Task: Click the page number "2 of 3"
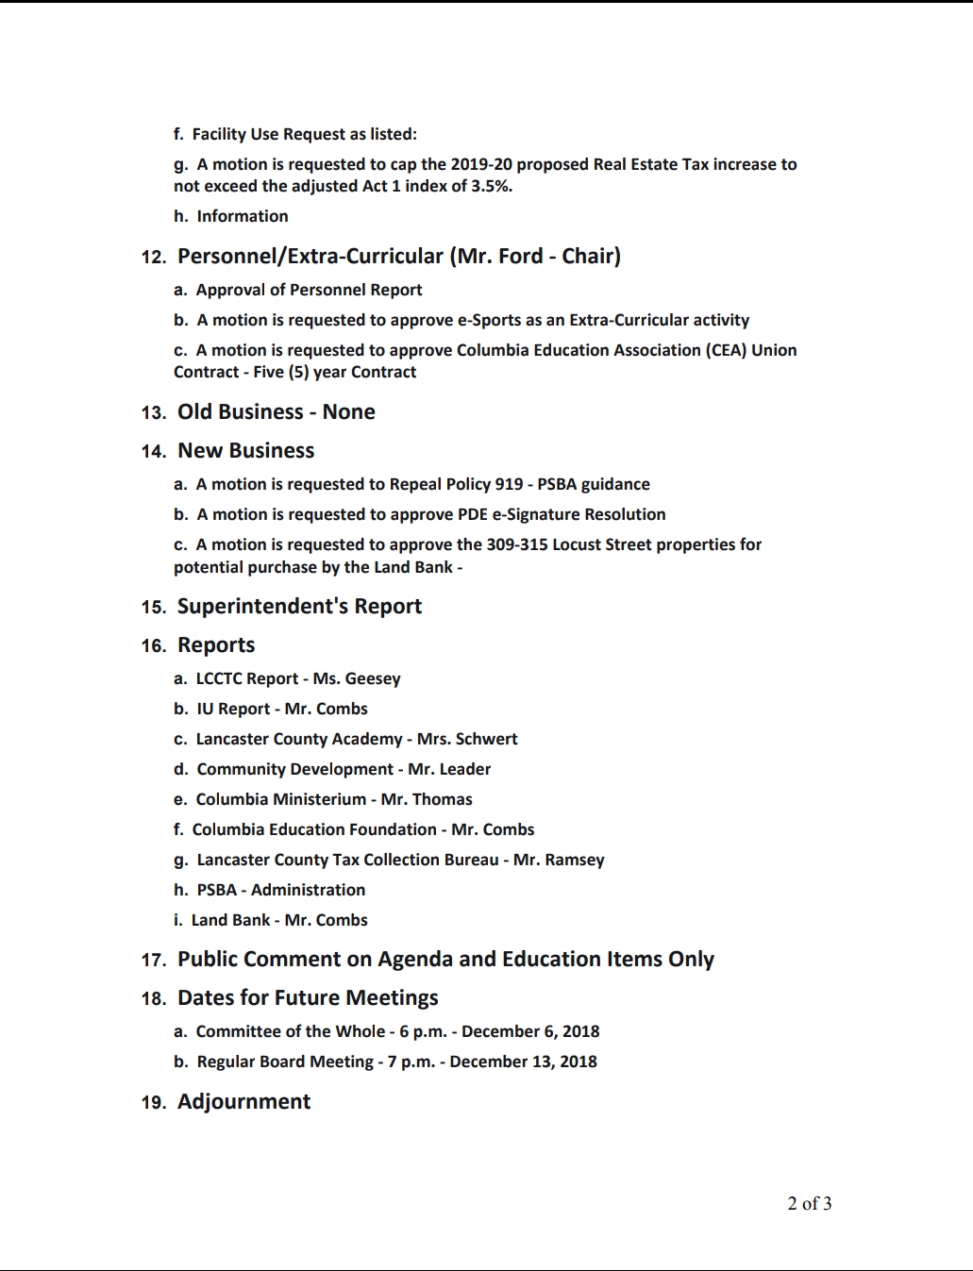coord(809,1203)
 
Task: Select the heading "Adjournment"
coord(243,1101)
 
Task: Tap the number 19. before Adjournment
coord(153,1102)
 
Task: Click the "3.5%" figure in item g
coord(492,186)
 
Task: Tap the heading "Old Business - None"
coord(276,411)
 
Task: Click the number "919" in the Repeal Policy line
coord(509,484)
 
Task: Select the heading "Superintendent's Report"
coord(299,606)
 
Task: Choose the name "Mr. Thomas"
coord(427,799)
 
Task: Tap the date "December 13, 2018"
coord(523,1062)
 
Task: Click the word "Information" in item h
coord(243,216)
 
